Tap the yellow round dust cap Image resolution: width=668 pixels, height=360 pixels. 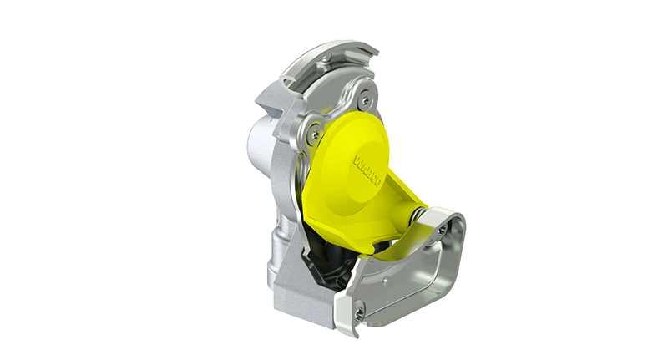tap(351, 163)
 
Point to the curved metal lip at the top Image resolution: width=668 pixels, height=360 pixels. tap(334, 54)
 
